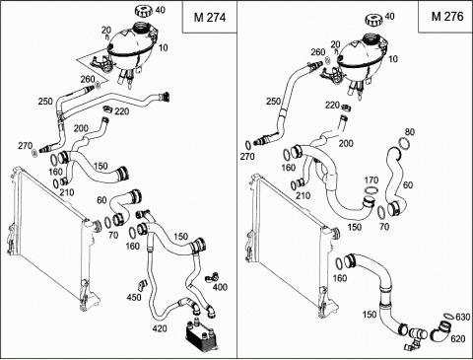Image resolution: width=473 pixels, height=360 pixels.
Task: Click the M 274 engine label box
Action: (210, 17)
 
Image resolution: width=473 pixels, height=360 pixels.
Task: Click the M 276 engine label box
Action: (445, 17)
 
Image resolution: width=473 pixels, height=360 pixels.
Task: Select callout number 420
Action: (160, 328)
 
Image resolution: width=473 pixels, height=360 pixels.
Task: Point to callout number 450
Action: (134, 297)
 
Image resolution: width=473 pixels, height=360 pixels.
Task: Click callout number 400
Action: (220, 287)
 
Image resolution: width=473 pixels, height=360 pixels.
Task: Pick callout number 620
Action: (458, 338)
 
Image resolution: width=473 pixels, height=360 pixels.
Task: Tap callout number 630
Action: (463, 317)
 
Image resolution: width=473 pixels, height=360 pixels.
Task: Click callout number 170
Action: (372, 180)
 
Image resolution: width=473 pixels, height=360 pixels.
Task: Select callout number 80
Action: (410, 132)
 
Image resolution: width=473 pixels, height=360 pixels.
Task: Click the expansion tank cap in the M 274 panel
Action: (144, 11)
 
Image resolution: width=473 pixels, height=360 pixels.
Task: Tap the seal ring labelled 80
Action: (404, 144)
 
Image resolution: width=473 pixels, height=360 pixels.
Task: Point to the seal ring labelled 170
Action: (372, 190)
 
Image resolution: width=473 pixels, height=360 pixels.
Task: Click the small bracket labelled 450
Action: (142, 285)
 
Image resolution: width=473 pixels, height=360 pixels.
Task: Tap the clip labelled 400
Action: (211, 278)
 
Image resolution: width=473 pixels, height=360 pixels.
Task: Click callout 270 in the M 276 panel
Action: (246, 157)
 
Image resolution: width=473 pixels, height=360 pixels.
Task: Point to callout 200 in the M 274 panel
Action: (81, 128)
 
